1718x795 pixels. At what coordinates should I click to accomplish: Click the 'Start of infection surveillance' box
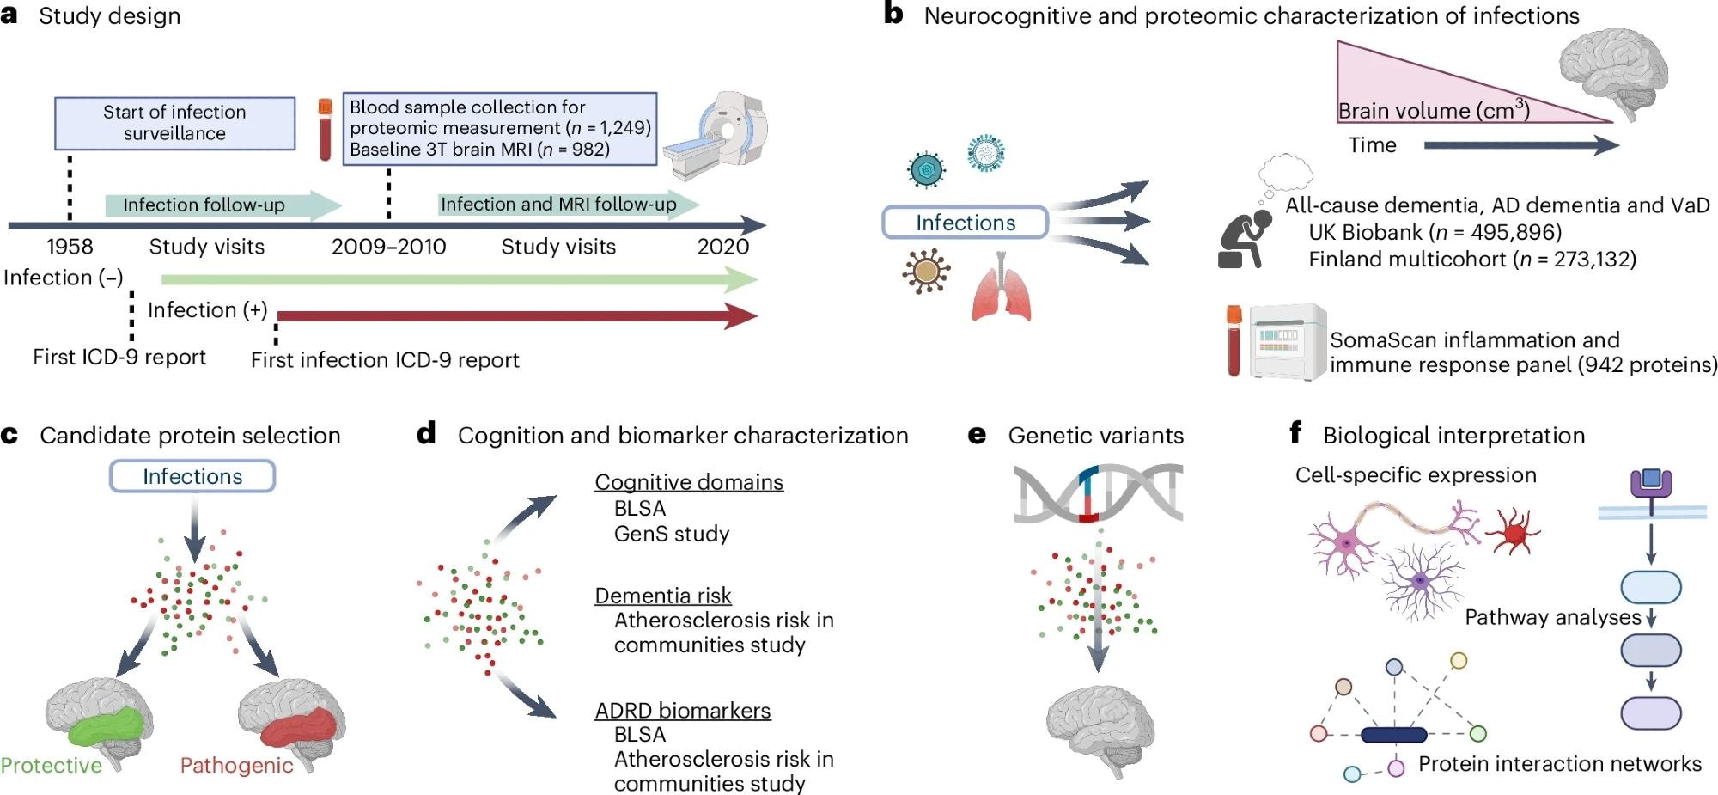pos(174,124)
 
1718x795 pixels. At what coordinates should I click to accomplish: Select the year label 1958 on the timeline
pos(70,247)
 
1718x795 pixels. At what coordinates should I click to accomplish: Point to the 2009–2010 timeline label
pos(388,247)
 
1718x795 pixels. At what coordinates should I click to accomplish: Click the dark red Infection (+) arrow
pos(515,316)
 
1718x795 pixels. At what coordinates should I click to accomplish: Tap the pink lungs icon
pos(1001,289)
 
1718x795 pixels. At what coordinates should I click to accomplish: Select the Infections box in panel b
pos(965,223)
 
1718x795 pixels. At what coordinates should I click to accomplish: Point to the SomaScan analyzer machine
pos(1288,341)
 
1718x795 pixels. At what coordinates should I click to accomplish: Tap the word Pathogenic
pos(236,766)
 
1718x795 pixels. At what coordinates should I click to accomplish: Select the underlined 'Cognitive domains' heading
pos(689,482)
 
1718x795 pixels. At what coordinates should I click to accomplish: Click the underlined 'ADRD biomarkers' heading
pos(683,711)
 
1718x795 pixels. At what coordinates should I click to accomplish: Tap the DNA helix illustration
pos(1097,493)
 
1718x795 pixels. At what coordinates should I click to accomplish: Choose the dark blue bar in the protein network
pos(1393,735)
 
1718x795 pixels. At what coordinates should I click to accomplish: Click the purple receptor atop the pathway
pos(1651,484)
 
